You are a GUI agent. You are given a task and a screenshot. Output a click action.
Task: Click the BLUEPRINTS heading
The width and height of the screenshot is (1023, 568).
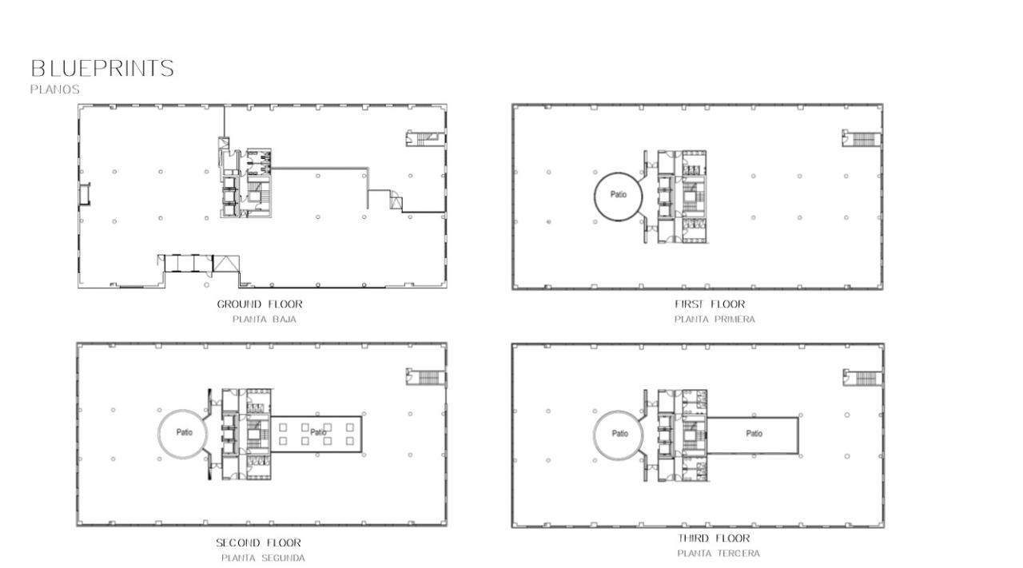coord(102,69)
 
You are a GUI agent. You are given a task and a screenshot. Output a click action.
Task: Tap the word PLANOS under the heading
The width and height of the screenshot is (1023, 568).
coord(55,89)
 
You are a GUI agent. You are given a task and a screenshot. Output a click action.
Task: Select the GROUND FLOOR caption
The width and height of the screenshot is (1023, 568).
coord(260,304)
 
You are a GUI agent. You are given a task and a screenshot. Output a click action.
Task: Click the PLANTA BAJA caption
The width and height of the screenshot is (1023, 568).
coord(265,320)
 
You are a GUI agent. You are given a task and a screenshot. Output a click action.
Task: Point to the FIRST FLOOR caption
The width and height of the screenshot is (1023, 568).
coord(710,304)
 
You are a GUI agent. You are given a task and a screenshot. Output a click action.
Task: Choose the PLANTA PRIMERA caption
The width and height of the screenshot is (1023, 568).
coord(715,320)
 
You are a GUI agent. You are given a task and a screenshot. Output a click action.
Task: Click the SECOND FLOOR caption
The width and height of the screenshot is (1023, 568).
coord(259,543)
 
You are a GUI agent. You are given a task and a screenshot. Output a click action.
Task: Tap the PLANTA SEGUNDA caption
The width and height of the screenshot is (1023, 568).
coord(263,558)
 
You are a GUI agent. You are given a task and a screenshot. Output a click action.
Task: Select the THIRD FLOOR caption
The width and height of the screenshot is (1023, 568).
coord(715,538)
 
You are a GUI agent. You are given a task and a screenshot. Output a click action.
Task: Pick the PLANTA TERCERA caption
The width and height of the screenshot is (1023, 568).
coord(718,554)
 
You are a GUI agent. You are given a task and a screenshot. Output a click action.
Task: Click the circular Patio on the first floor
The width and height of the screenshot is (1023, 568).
coord(618,195)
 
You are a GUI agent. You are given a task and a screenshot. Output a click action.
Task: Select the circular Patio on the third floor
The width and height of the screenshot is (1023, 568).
coord(619,434)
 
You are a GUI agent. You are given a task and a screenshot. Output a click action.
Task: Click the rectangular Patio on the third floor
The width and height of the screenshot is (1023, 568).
coord(754,435)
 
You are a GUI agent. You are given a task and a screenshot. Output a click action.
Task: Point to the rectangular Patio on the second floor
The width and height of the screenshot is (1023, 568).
coord(318,433)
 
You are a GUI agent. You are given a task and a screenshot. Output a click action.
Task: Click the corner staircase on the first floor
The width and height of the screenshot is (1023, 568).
coord(862,138)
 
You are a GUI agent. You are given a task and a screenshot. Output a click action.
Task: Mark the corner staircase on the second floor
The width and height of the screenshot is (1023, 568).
coord(427,377)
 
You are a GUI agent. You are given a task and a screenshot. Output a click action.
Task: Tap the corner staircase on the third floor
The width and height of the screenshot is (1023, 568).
coord(863,377)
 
